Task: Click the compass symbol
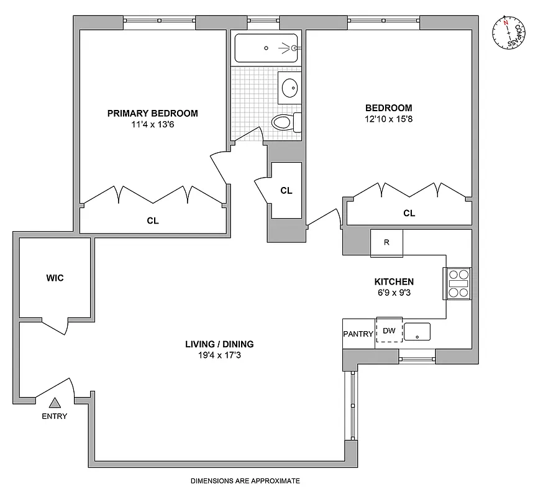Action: pos(509,34)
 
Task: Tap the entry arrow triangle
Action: pos(55,403)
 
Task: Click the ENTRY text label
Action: pos(55,416)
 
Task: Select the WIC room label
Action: pos(55,278)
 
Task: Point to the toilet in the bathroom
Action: pos(286,122)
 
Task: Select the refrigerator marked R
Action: pos(386,242)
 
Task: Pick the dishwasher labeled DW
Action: pos(389,332)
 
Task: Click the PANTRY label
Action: pos(358,334)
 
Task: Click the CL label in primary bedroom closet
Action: pos(153,220)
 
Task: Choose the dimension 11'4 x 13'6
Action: pos(153,124)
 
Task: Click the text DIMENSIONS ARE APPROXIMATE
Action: pos(245,481)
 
